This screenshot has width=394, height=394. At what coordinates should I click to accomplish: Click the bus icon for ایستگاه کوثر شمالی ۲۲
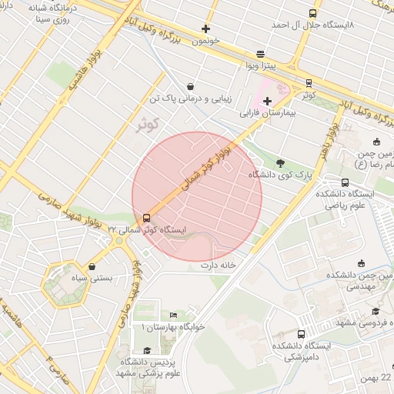(147, 218)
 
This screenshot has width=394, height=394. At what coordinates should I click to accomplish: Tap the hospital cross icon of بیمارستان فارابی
(267, 101)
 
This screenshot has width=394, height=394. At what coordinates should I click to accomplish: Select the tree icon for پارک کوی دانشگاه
(279, 163)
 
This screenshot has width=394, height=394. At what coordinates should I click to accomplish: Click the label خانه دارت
(216, 265)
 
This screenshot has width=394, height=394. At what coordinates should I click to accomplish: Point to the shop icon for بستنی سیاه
(92, 266)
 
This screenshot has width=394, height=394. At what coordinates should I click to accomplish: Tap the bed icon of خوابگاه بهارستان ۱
(173, 315)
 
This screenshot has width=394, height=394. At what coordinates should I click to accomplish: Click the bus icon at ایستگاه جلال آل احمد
(312, 13)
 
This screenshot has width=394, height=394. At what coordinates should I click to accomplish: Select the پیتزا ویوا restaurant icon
(261, 54)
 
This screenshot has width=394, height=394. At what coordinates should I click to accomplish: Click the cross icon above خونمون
(205, 28)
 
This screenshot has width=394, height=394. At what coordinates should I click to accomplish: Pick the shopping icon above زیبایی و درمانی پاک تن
(190, 87)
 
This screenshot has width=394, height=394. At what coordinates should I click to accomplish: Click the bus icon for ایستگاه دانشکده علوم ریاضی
(344, 182)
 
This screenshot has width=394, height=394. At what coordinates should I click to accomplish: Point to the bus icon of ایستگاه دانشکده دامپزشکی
(300, 334)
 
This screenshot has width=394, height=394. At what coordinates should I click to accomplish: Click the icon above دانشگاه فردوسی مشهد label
(375, 311)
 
